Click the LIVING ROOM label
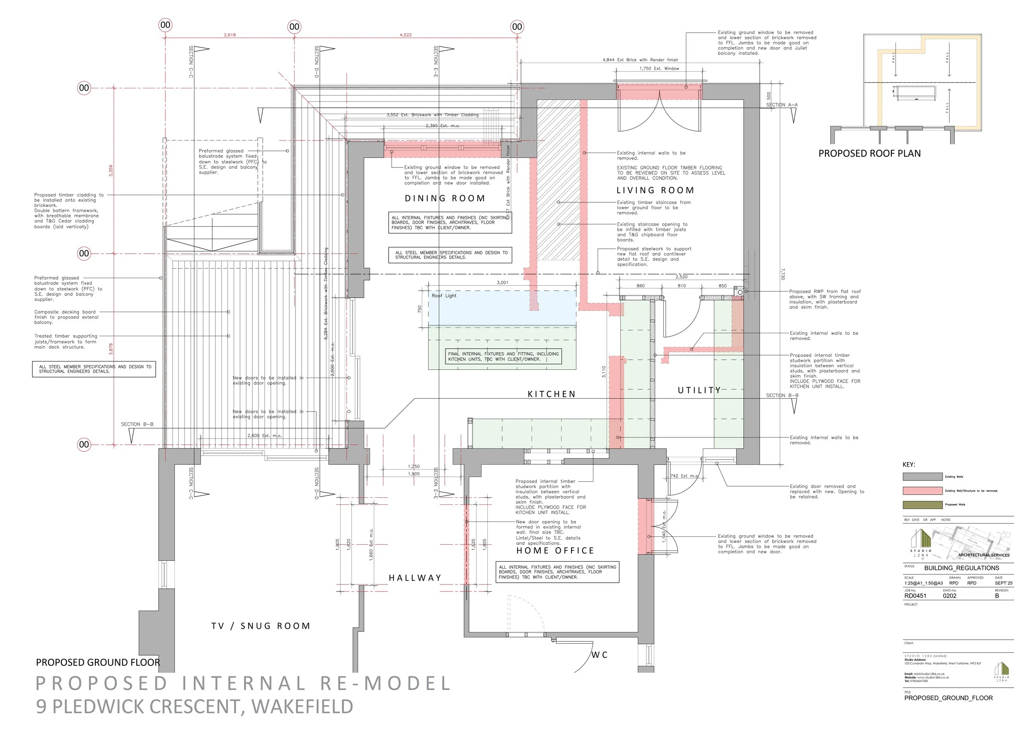point(655,190)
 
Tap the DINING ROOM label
point(445,198)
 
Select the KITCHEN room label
point(552,394)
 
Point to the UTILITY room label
point(700,390)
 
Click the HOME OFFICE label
point(555,550)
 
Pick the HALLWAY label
point(415,578)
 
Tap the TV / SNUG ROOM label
point(261,626)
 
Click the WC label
point(600,654)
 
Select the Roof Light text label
point(444,296)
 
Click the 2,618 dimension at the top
point(230,35)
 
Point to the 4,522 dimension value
point(406,35)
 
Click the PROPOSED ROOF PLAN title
point(869,153)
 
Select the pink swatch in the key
point(922,491)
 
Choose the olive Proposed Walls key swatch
point(922,504)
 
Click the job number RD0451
point(915,596)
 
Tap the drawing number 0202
point(949,596)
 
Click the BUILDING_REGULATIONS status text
point(961,568)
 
